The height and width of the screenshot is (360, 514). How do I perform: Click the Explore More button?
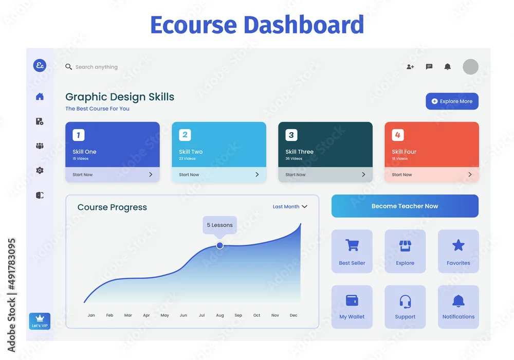[x=452, y=101]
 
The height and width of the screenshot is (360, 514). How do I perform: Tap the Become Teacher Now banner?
[x=405, y=206]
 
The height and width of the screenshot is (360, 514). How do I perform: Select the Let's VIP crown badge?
[x=40, y=321]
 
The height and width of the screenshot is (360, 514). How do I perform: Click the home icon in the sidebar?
[x=40, y=96]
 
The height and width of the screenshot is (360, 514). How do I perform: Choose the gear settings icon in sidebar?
[x=40, y=170]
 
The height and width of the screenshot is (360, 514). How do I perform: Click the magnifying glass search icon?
[x=68, y=67]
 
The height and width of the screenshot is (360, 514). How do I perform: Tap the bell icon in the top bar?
[x=448, y=66]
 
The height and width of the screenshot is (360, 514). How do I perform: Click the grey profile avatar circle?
[x=470, y=67]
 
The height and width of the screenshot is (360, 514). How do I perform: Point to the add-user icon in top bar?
[x=410, y=66]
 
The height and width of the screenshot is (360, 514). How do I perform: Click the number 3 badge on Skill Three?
[x=291, y=135]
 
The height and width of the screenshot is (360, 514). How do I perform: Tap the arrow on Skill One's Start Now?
[x=151, y=174]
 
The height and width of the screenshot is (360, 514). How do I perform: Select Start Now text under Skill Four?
[x=402, y=175]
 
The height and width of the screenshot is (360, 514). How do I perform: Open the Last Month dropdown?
[x=290, y=207]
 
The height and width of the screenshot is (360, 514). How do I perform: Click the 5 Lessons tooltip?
[x=219, y=225]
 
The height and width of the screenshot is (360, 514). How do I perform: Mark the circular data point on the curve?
[x=220, y=245]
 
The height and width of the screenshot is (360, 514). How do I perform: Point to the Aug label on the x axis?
[x=220, y=315]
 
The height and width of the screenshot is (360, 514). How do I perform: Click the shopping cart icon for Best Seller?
[x=352, y=245]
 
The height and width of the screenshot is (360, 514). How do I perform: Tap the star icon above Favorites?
[x=458, y=245]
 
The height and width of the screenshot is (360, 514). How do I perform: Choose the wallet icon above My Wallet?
[x=352, y=300]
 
